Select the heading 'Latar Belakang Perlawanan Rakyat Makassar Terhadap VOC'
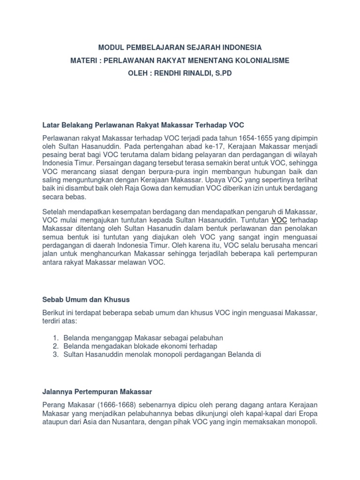(x=143, y=125)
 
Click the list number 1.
(x=55, y=337)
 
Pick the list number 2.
(x=55, y=346)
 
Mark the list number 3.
(x=55, y=354)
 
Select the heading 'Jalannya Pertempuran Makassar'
(x=97, y=390)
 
